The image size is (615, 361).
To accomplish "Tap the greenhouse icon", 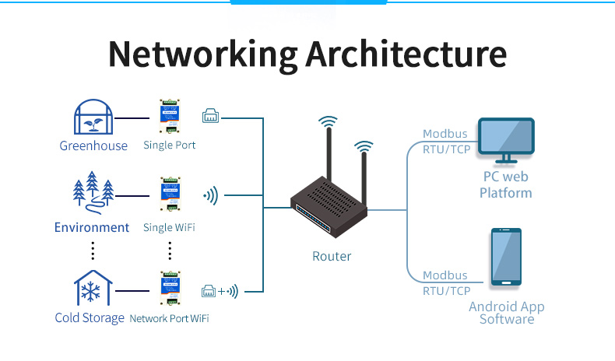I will click(x=93, y=117).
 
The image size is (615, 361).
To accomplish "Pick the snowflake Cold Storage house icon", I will click(x=92, y=288).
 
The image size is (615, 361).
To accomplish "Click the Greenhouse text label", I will click(x=93, y=145).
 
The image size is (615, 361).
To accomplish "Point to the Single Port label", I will click(x=169, y=145).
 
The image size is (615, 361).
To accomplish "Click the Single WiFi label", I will click(x=169, y=228).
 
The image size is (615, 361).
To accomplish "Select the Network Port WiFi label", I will click(x=169, y=318).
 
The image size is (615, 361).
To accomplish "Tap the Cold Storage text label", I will click(x=90, y=317).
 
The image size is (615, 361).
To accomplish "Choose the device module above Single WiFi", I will click(x=170, y=197).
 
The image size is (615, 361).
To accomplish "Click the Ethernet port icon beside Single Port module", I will click(x=211, y=117).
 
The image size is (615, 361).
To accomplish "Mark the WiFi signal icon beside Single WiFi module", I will click(x=211, y=197).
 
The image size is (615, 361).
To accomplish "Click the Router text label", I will click(x=332, y=256).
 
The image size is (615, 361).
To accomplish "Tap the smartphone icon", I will click(x=506, y=258).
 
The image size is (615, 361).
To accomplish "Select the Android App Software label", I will click(x=506, y=313).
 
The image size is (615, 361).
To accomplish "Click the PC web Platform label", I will click(x=506, y=185).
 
